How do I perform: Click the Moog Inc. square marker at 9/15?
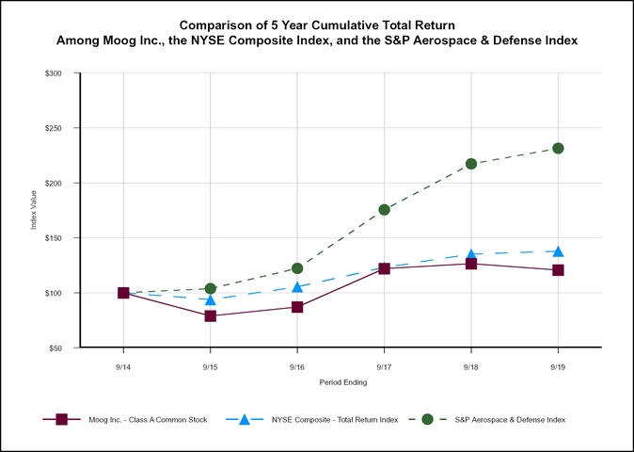coord(211,315)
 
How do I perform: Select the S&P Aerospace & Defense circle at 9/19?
coord(558,148)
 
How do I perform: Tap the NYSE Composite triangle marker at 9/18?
coord(471,254)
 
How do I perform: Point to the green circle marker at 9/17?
coord(384,210)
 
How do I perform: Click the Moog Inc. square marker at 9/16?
coord(297,307)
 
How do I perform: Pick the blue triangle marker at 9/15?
coord(211,299)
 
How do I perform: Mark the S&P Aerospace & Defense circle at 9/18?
coord(471,164)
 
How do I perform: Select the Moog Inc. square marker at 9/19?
coord(558,270)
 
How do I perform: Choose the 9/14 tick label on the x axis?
coord(123,366)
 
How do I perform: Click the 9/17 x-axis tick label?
coord(384,366)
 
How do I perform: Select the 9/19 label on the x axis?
coord(558,366)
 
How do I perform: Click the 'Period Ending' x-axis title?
coord(341,383)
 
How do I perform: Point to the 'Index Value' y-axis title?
coord(34,211)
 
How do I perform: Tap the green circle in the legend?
coord(427,419)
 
